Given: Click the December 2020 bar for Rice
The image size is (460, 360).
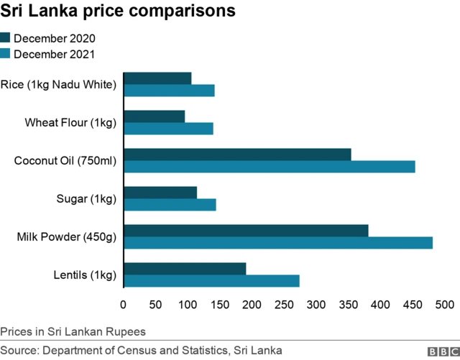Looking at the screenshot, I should (x=157, y=78).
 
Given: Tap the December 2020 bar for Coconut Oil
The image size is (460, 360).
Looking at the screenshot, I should (x=237, y=154).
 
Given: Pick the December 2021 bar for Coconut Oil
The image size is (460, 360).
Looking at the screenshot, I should (x=270, y=167).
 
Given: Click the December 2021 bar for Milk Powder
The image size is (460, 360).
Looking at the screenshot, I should (x=278, y=243).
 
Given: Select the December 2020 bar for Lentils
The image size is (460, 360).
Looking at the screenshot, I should (x=185, y=269).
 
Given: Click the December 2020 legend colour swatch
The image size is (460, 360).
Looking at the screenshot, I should (x=6, y=38).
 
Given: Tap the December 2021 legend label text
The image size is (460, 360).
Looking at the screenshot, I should (x=55, y=54).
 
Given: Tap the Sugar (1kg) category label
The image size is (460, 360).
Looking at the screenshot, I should (x=86, y=198).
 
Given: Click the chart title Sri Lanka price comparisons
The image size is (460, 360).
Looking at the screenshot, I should (x=117, y=12).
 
